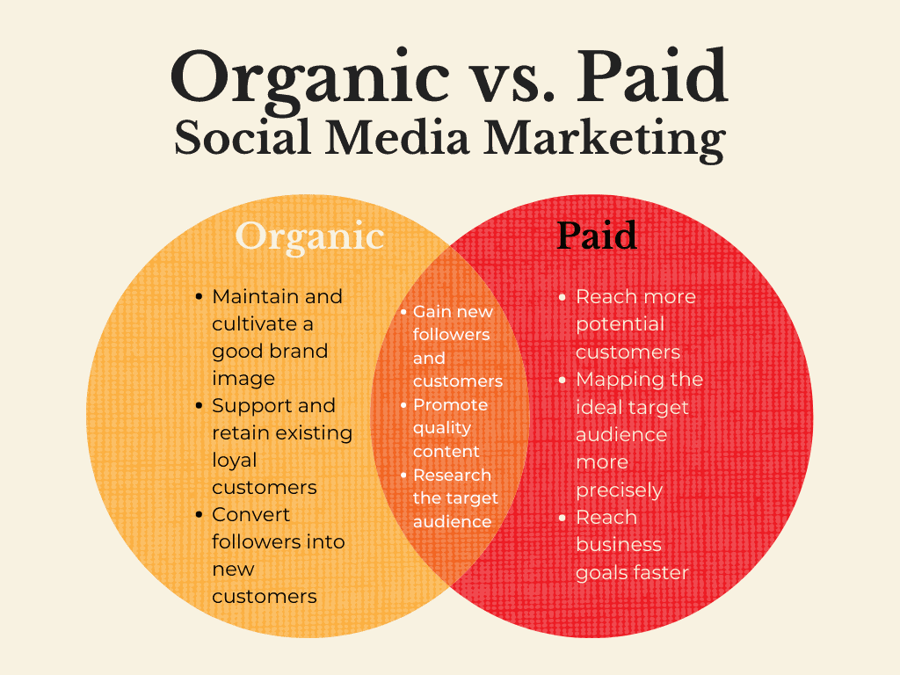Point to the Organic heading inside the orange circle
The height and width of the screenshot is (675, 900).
(309, 236)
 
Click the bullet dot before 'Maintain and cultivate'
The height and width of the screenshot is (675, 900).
(200, 297)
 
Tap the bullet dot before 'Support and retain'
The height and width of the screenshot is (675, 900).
(200, 406)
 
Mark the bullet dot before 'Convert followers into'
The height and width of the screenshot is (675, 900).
(200, 515)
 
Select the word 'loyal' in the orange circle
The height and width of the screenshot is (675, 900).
(234, 460)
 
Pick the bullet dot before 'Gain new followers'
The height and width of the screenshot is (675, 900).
(403, 312)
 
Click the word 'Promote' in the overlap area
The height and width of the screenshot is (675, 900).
(450, 405)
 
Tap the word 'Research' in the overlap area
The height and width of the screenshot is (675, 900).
(452, 475)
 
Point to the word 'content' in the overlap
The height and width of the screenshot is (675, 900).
(446, 452)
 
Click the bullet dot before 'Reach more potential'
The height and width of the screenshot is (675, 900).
(563, 297)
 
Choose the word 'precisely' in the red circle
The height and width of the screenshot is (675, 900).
(619, 490)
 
